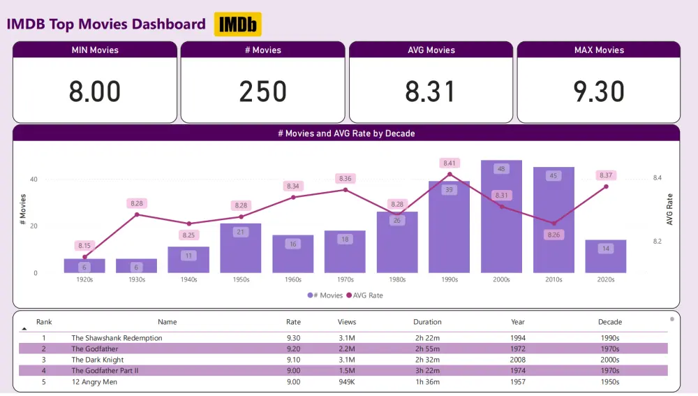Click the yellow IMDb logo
pyautogui.click(x=237, y=24)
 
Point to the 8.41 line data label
pyautogui.click(x=450, y=163)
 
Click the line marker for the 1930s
pyautogui.click(x=137, y=214)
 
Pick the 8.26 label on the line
pyautogui.click(x=554, y=235)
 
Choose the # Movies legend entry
pyautogui.click(x=325, y=295)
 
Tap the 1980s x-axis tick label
pyautogui.click(x=397, y=279)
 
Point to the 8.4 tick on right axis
pyautogui.click(x=657, y=178)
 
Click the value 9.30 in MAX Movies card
pyautogui.click(x=598, y=91)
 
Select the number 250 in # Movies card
pyautogui.click(x=262, y=91)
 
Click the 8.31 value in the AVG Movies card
pyautogui.click(x=431, y=91)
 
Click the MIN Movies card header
pyautogui.click(x=95, y=50)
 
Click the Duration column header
pyautogui.click(x=427, y=322)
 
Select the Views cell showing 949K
pyautogui.click(x=346, y=381)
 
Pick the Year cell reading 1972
pyautogui.click(x=518, y=349)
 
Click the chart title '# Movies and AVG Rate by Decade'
pyautogui.click(x=346, y=133)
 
